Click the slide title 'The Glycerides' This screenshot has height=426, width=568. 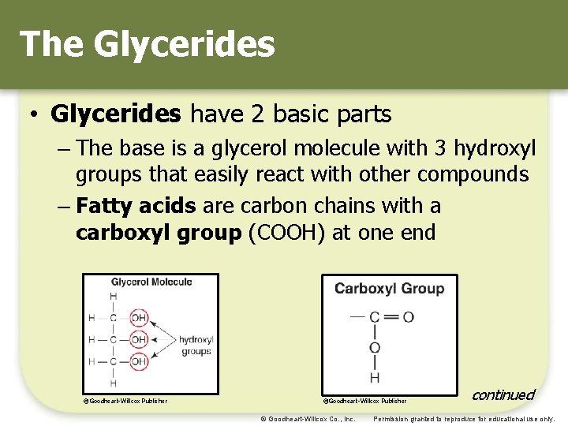[147, 44]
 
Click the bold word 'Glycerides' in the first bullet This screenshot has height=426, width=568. [115, 114]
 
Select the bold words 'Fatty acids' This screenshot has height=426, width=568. [136, 207]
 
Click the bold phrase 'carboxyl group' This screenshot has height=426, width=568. [158, 234]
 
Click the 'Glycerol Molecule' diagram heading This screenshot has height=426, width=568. [151, 282]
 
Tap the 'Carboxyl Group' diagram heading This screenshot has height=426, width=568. [389, 288]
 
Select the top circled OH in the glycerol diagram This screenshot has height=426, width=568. [139, 318]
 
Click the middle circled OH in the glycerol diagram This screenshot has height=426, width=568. [139, 340]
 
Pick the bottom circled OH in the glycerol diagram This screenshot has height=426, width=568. [139, 361]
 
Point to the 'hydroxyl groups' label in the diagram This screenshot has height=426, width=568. [196, 346]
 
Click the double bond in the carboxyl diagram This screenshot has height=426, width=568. [390, 317]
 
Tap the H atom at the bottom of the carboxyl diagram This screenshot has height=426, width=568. [375, 377]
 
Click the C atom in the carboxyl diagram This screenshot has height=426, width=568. [375, 317]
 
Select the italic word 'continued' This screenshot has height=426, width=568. [503, 394]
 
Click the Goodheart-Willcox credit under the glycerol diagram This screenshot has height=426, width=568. [126, 401]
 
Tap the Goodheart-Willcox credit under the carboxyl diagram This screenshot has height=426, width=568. [365, 401]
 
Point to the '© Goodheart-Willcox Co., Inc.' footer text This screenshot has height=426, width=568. [308, 419]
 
